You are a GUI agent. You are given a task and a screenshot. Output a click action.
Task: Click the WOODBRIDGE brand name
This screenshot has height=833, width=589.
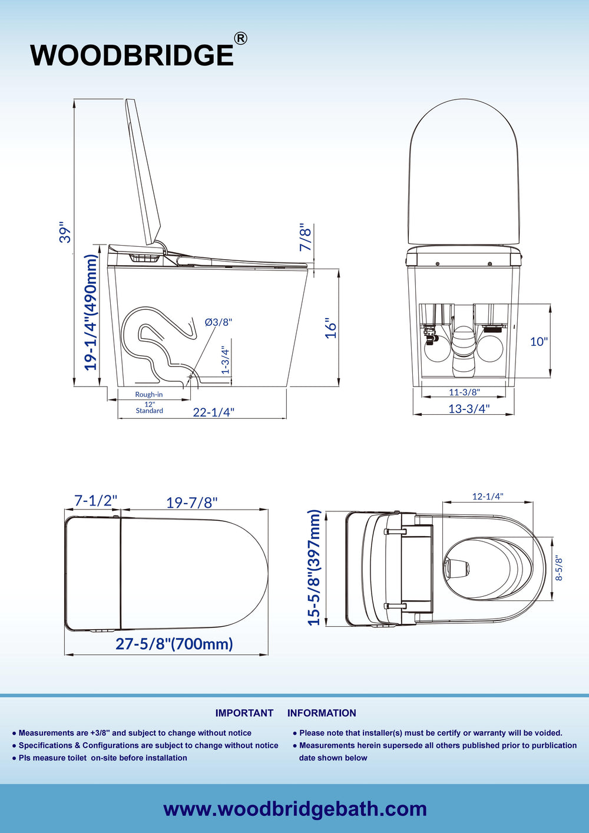point(132,55)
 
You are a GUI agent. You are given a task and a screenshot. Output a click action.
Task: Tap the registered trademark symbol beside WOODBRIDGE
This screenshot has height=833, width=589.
point(240,39)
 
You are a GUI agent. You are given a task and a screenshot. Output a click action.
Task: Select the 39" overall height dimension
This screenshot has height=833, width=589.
point(65,233)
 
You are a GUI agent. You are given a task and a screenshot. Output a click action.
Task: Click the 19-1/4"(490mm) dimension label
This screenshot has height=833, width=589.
point(91,312)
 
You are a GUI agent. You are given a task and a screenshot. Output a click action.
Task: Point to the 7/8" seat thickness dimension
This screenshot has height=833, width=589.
point(306,237)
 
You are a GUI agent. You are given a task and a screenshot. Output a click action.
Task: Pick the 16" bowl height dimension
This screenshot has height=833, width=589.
point(330,328)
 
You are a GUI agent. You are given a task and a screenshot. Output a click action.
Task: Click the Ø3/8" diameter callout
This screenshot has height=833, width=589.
point(219,322)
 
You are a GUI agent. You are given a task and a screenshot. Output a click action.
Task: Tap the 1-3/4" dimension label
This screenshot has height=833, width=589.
point(226,361)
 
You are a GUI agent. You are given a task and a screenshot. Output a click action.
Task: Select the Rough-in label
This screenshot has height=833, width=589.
point(149,394)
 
